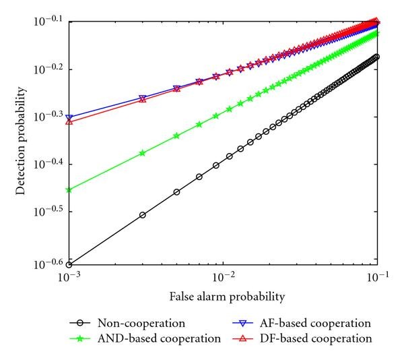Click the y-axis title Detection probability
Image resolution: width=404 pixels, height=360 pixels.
click(22, 142)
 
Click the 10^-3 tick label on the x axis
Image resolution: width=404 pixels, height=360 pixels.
click(69, 277)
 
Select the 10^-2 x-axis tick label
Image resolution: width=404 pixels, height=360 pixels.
click(223, 277)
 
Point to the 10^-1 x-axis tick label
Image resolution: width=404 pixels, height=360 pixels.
click(377, 277)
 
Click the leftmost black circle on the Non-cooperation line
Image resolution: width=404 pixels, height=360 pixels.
click(69, 265)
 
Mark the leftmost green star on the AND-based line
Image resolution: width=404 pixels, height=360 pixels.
click(69, 190)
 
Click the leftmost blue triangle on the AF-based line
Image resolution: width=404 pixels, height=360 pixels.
click(69, 117)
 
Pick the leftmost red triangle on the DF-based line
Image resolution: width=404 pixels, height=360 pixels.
click(69, 122)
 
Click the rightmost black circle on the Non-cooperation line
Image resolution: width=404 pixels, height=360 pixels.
click(377, 57)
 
